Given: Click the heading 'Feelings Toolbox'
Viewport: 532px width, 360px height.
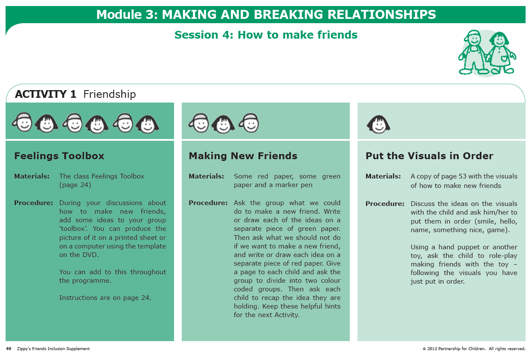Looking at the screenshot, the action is coord(59,156).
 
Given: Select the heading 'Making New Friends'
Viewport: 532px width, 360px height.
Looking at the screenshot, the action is coord(243,156).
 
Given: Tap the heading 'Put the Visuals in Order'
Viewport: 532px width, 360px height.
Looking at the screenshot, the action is coord(430,156).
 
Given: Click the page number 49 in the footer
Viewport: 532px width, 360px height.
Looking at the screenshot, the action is coord(9,348).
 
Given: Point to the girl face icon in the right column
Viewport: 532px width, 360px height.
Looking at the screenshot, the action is coord(379,124).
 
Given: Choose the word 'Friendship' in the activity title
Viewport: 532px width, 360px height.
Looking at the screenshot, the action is coord(109,94).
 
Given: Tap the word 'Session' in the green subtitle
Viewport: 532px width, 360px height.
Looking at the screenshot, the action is coord(196,35).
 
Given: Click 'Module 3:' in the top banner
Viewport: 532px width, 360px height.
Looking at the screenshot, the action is coord(127,15).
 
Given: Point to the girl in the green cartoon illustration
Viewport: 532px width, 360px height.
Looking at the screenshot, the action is coord(501,53).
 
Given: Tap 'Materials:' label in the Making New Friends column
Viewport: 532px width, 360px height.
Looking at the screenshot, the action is coord(206,176).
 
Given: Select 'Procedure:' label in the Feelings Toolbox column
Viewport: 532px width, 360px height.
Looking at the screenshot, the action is coord(33,203).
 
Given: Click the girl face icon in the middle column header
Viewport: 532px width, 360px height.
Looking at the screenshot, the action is coord(223,124).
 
